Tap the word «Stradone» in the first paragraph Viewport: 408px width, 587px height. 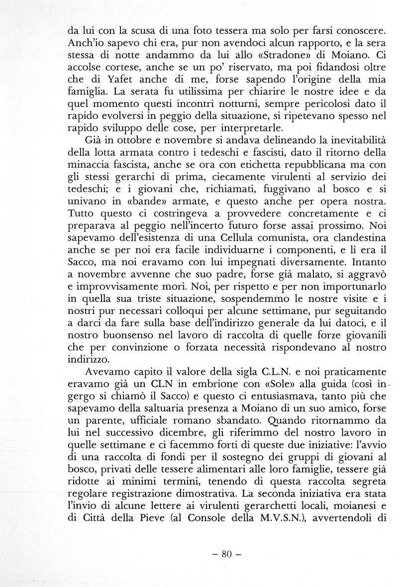pyautogui.click(x=278, y=53)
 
